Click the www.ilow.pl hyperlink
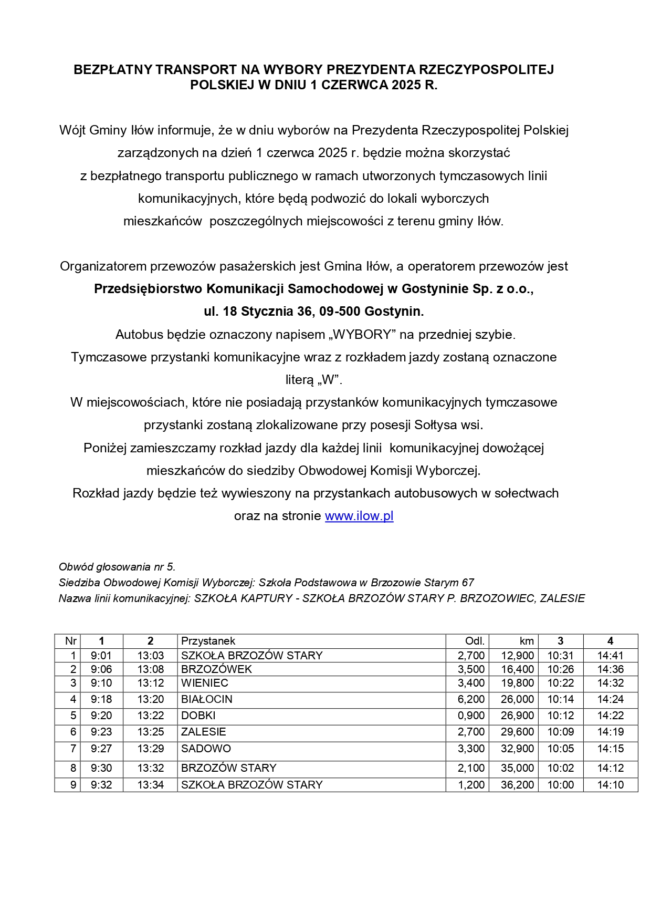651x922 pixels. (359, 516)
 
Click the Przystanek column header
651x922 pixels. (208, 641)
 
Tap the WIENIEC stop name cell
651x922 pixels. (204, 683)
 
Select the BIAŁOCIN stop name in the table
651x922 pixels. (206, 699)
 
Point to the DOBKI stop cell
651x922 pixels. (198, 716)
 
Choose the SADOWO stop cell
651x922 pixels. (206, 749)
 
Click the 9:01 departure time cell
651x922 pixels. (101, 656)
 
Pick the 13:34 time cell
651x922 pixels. (151, 785)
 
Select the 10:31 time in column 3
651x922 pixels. (561, 656)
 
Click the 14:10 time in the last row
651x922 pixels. (610, 785)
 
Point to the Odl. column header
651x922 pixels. (475, 641)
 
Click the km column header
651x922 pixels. (527, 641)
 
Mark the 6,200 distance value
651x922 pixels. (471, 699)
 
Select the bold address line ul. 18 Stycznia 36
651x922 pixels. (313, 312)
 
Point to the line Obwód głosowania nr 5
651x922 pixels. (117, 567)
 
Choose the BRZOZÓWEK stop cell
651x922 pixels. (216, 669)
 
